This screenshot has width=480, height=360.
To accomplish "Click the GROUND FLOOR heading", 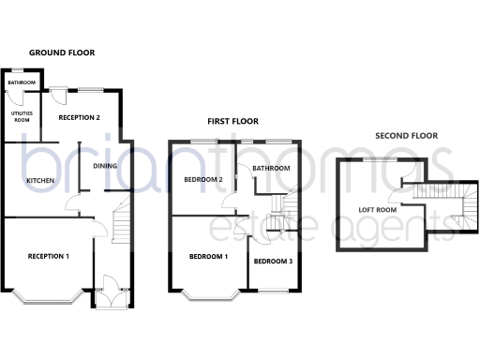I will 61,53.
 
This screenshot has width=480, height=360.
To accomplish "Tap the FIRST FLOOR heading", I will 232,122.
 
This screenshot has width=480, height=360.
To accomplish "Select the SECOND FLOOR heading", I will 406,136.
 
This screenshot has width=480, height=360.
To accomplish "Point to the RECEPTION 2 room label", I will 79,118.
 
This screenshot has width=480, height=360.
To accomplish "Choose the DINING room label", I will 104,167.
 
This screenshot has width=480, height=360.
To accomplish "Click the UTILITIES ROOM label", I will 21,117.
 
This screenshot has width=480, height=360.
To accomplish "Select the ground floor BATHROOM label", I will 21,83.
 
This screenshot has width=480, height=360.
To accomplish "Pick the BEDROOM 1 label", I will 208,256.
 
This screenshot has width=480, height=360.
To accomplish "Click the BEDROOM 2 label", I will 202,179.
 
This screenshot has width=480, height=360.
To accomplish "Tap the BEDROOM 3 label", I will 270,261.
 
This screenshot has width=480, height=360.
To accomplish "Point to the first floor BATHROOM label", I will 270,169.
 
